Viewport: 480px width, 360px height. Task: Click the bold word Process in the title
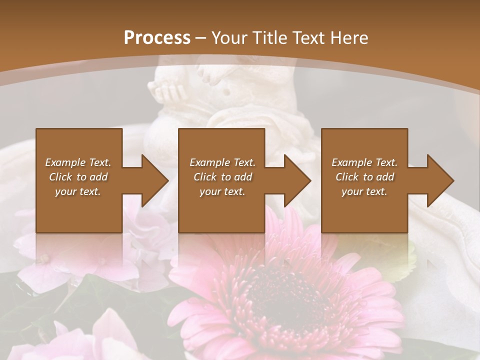(157, 38)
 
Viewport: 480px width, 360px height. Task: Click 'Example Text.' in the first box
(78, 162)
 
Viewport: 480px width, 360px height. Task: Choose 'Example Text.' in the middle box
(222, 162)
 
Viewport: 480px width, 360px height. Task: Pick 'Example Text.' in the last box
(364, 162)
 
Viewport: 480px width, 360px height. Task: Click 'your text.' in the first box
(78, 191)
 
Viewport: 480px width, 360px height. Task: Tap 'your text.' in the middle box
(222, 191)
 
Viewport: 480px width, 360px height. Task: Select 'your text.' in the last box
(364, 191)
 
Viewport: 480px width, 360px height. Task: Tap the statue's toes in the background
(167, 92)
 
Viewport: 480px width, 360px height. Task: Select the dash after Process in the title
(201, 38)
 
